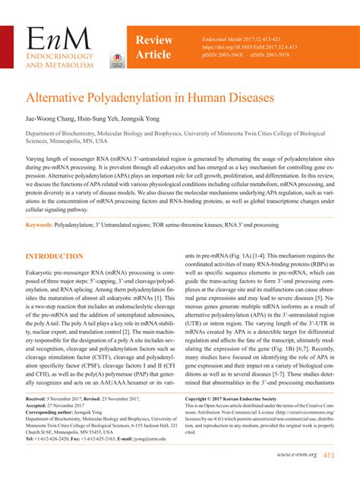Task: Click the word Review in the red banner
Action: (153, 39)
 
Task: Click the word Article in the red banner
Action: (153, 55)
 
